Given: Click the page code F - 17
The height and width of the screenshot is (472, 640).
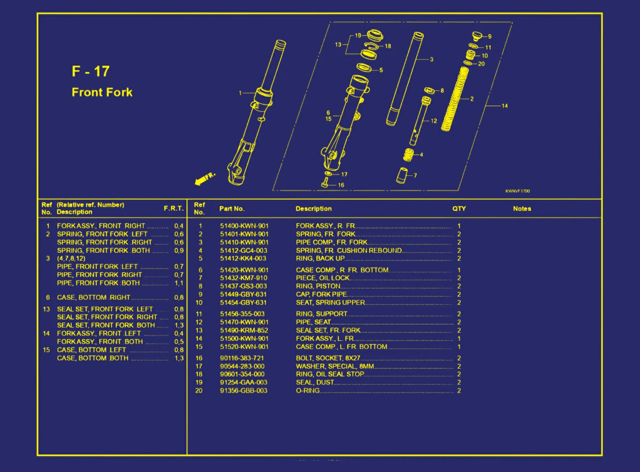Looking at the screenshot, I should [90, 71].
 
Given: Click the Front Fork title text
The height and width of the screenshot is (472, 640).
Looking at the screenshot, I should [102, 92].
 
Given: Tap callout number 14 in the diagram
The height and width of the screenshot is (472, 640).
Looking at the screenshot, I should [504, 106].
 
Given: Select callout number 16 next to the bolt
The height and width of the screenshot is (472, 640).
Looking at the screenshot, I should [341, 185].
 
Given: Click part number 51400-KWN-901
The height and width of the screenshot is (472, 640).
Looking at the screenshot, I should [244, 226].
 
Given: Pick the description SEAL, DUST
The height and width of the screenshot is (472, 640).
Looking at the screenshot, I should [315, 382].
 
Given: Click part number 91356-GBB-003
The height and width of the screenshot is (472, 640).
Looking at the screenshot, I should [243, 391].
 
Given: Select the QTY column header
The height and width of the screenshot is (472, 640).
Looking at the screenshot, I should [459, 209].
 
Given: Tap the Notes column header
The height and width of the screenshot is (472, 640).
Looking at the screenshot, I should [522, 209].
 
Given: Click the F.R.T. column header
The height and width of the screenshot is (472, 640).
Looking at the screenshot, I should [173, 208].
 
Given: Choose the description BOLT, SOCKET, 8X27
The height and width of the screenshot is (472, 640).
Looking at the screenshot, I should [328, 358].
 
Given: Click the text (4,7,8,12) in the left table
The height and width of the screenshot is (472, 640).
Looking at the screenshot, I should [71, 258].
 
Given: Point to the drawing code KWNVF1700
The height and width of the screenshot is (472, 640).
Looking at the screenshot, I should [517, 191].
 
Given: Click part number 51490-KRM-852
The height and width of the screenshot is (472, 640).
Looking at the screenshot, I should [244, 330].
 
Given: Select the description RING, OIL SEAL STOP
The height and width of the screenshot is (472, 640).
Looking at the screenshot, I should [330, 374].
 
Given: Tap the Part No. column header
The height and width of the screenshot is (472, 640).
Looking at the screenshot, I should [232, 209].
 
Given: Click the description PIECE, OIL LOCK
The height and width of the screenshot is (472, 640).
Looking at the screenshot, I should [323, 278].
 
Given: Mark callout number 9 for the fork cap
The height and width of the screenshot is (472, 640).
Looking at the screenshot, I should [490, 37].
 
